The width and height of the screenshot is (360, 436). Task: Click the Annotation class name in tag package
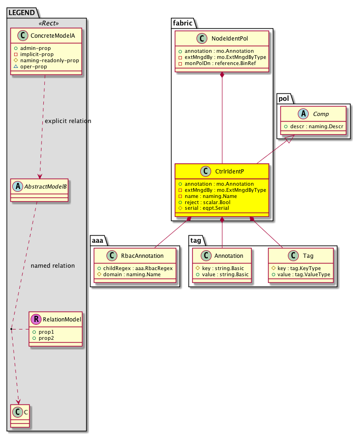228,256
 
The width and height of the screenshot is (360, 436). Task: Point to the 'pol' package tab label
284,98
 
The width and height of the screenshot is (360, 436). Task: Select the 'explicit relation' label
68,121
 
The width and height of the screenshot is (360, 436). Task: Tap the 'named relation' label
52,266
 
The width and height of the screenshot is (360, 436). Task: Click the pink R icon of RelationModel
36,320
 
